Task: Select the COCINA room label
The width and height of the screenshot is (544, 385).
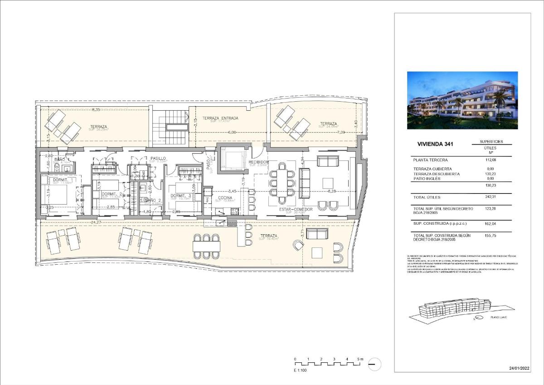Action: pyautogui.click(x=225, y=198)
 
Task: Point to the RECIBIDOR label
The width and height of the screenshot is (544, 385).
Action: pyautogui.click(x=259, y=162)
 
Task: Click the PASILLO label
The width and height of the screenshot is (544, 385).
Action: pyautogui.click(x=158, y=158)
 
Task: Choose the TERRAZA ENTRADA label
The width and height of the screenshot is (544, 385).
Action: pyautogui.click(x=220, y=118)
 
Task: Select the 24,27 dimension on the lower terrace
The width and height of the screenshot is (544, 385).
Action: pyautogui.click(x=96, y=222)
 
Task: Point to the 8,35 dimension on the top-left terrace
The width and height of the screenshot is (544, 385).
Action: pyautogui.click(x=96, y=109)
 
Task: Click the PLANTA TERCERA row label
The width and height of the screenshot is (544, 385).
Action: pyautogui.click(x=431, y=160)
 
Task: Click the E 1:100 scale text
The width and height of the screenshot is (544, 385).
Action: pyautogui.click(x=300, y=370)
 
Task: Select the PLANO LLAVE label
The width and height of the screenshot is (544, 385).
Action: pyautogui.click(x=498, y=317)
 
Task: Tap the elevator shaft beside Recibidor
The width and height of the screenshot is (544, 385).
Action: pyautogui.click(x=232, y=159)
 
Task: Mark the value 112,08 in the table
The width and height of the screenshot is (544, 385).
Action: pyautogui.click(x=492, y=160)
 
